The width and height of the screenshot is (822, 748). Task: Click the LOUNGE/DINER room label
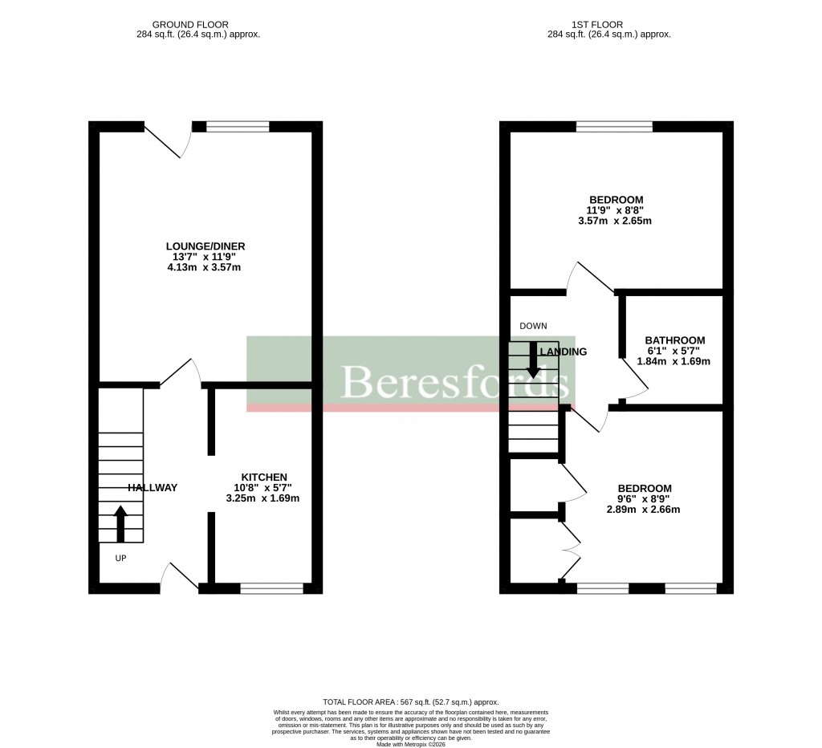[x=205, y=246]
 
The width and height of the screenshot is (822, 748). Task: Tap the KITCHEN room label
[x=259, y=477]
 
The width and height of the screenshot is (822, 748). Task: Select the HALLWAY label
[x=152, y=487]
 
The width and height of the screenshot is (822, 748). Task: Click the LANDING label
[x=564, y=352]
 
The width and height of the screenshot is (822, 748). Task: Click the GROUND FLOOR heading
[x=197, y=25]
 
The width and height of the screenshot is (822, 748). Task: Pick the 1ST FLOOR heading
[x=608, y=25]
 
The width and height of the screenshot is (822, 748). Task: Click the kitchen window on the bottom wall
[x=271, y=588]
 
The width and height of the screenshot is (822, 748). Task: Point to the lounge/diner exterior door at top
[x=168, y=140]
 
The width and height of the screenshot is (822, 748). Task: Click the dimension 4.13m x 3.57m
[x=204, y=267]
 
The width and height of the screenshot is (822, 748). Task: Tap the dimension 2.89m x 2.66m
[x=644, y=510]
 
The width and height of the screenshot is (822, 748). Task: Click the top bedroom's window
[x=614, y=126]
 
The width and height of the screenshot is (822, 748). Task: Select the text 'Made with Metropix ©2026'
[x=410, y=742]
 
